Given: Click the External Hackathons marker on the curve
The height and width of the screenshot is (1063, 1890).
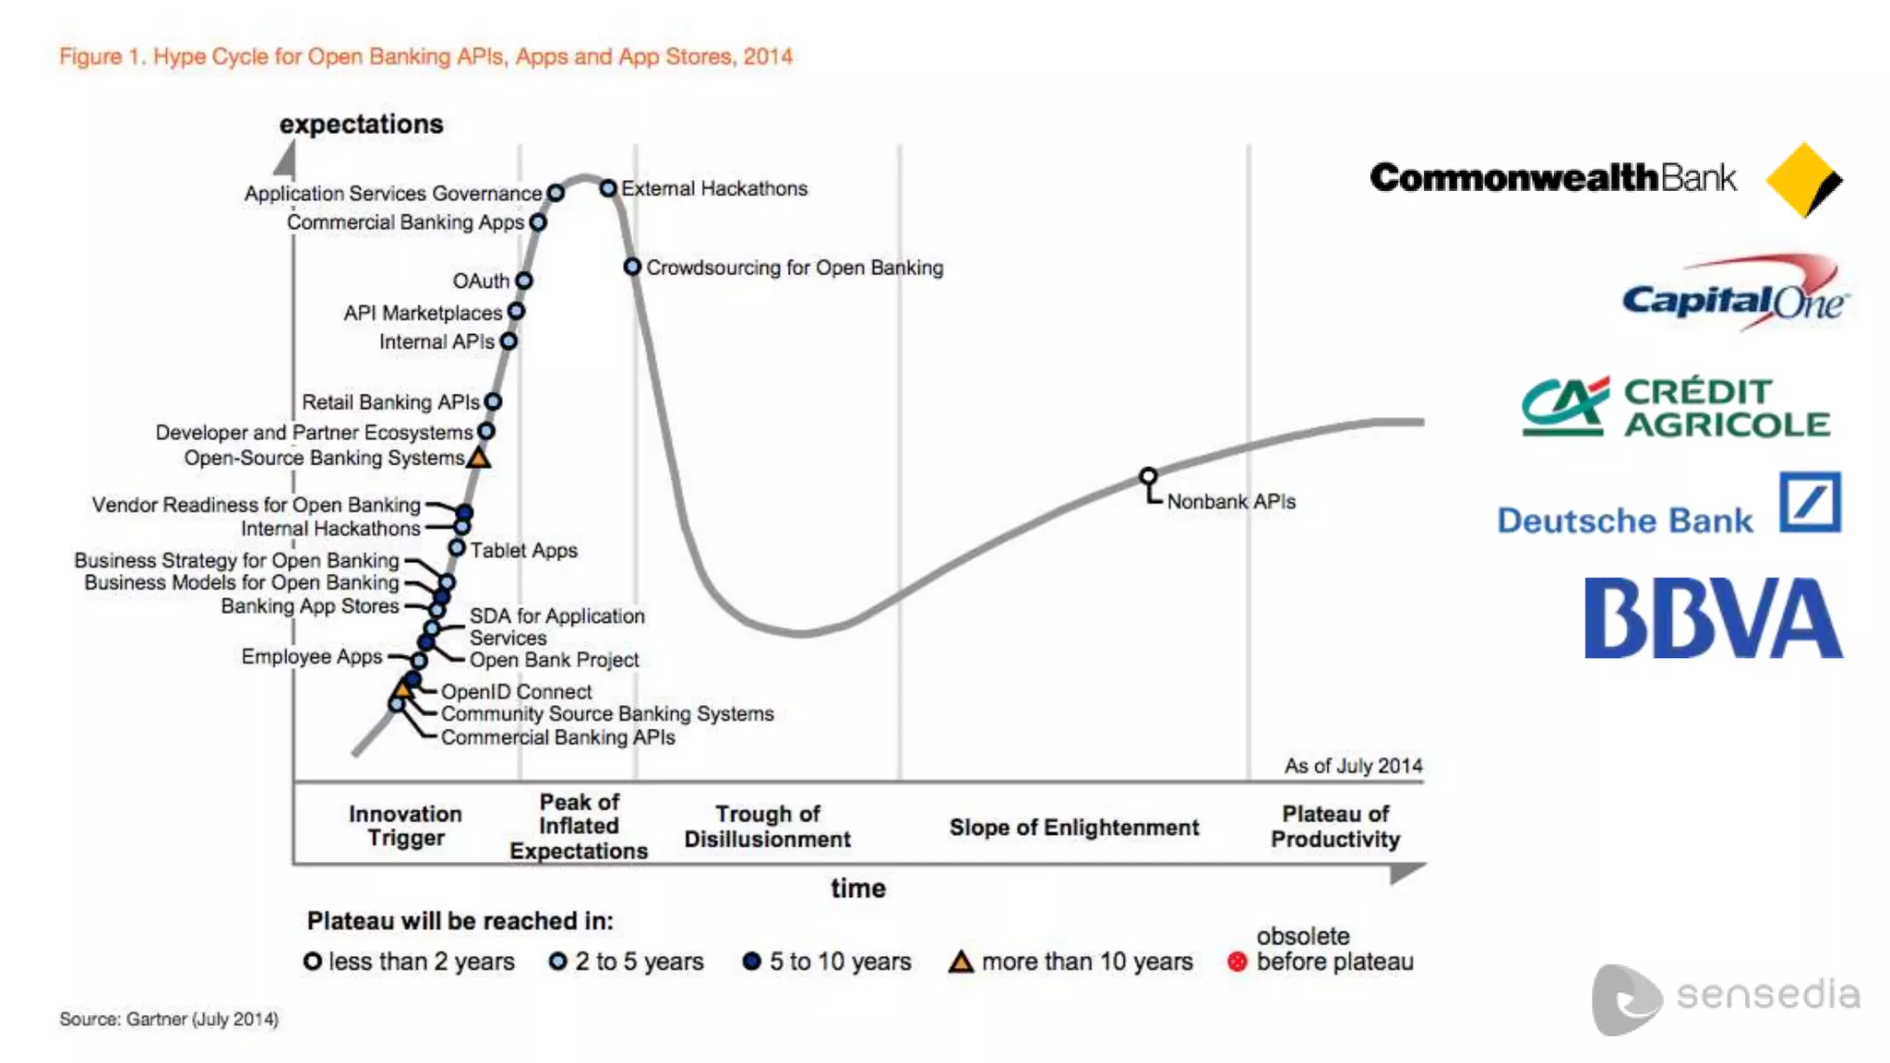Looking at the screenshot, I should click(x=608, y=188).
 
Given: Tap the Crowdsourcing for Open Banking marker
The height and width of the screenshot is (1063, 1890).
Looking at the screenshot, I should click(x=632, y=267).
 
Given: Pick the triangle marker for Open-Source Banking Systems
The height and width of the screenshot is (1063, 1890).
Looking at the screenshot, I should click(x=478, y=458).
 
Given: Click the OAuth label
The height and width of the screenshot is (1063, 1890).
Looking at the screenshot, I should click(x=481, y=281).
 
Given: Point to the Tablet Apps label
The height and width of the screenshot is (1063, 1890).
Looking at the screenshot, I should click(x=523, y=551).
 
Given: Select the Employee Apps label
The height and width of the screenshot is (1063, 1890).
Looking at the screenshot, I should click(x=311, y=656).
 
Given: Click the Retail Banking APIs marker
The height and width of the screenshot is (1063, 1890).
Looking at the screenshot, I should click(x=493, y=402).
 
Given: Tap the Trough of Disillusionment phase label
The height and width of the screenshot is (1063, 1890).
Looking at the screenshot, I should click(x=767, y=826).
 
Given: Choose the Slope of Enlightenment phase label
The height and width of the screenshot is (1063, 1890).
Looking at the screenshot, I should click(x=1074, y=828).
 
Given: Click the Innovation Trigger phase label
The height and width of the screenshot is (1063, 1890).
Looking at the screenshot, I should click(x=405, y=826).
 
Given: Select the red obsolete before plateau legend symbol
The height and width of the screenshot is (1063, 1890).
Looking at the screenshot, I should click(x=1238, y=961).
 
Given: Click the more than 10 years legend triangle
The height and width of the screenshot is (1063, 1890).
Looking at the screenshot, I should click(x=961, y=962).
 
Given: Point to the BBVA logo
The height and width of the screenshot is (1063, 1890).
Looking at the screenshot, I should click(x=1713, y=618).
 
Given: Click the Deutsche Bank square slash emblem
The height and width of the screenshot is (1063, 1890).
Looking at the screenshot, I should click(x=1810, y=503).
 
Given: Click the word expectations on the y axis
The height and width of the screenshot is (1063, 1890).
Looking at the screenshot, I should click(x=361, y=125).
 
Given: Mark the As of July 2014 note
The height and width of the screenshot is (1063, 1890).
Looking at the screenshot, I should click(x=1353, y=766).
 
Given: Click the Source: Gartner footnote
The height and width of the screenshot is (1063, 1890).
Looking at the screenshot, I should click(x=169, y=1019).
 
